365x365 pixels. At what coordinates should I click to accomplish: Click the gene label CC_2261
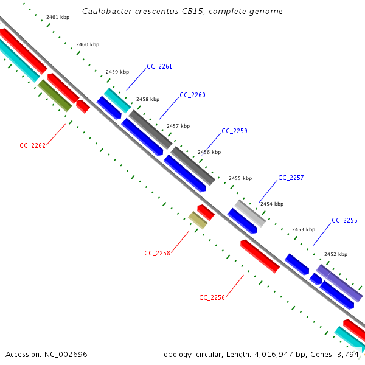[x=159, y=67]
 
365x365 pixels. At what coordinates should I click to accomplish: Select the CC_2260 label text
[x=192, y=96]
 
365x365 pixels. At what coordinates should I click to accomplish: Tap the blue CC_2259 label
[x=234, y=131]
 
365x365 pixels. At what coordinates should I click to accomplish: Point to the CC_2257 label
[x=291, y=178]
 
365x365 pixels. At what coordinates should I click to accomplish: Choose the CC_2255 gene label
[x=344, y=220]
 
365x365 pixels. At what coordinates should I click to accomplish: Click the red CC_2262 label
[x=33, y=145]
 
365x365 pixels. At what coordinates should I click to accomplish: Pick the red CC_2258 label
[x=157, y=253]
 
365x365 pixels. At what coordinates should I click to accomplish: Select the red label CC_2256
[x=212, y=297]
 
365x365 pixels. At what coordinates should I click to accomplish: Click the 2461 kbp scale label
[x=58, y=17]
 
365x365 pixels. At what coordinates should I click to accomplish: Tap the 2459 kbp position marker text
[x=117, y=72]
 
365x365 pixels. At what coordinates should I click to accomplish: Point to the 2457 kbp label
[x=178, y=126]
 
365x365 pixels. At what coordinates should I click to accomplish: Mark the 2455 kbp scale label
[x=240, y=178]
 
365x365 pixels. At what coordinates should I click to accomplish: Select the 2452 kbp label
[x=335, y=254]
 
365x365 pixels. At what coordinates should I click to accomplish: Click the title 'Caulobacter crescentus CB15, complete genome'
[x=182, y=12]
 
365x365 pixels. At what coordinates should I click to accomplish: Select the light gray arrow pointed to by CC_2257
[x=251, y=214]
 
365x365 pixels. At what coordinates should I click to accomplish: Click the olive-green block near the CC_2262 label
[x=55, y=96]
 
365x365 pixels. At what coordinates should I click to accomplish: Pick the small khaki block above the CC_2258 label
[x=198, y=220]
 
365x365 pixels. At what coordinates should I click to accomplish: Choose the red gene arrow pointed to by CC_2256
[x=260, y=256]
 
